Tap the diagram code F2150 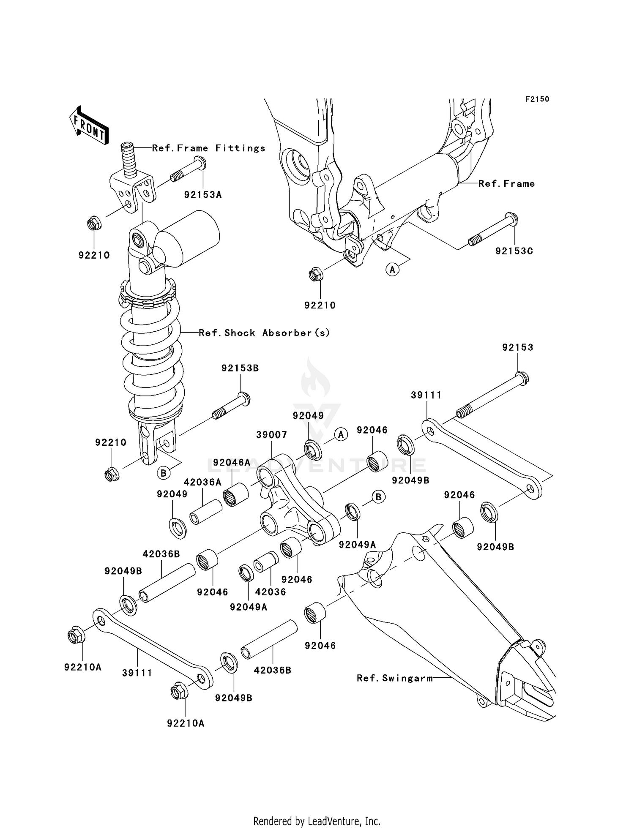(x=537, y=99)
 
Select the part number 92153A (x=203, y=195)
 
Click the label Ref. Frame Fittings (x=209, y=148)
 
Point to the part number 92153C (x=514, y=251)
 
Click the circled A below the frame (x=393, y=269)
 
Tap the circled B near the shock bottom (x=163, y=473)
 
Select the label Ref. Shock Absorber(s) (x=264, y=333)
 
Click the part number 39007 (x=272, y=435)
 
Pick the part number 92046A (x=232, y=463)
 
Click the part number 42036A (x=202, y=482)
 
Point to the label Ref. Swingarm (x=395, y=678)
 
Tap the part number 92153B (x=240, y=368)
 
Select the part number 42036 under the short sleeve (x=271, y=592)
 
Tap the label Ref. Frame (x=506, y=184)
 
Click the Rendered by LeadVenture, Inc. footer (x=317, y=821)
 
